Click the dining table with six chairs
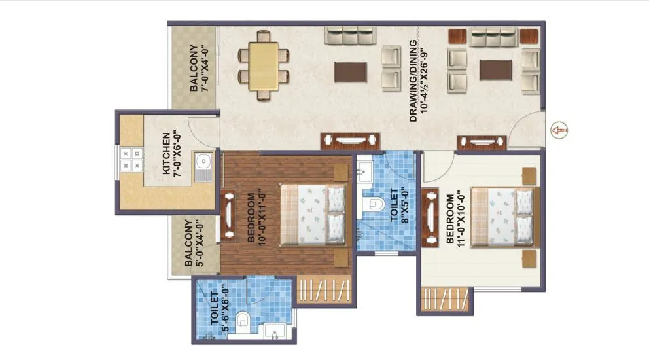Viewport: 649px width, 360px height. tap(263, 65)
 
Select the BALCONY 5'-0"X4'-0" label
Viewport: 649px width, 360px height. tap(193, 242)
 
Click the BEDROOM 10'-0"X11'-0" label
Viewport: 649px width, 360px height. tap(256, 218)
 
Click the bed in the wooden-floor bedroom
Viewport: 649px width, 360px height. tap(313, 212)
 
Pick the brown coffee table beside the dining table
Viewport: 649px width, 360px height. tap(351, 72)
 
